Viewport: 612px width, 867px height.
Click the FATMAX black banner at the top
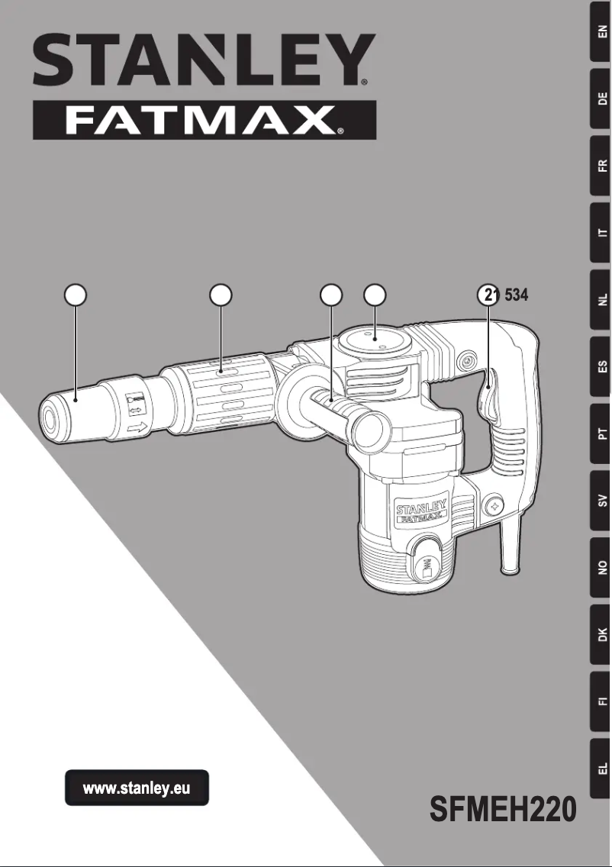pyautogui.click(x=204, y=120)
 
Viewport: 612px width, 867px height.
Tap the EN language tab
pyautogui.click(x=602, y=31)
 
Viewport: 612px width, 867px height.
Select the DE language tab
pyautogui.click(x=602, y=98)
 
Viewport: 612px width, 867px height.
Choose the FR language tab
pyautogui.click(x=602, y=165)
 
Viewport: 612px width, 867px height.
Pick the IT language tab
pyautogui.click(x=602, y=232)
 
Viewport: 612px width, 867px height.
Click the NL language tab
pyautogui.click(x=602, y=299)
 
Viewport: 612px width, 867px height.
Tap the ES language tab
pyautogui.click(x=602, y=366)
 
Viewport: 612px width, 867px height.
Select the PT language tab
pyautogui.click(x=602, y=433)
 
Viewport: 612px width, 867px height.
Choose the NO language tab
pyautogui.click(x=602, y=567)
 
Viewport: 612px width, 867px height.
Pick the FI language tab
pyautogui.click(x=602, y=701)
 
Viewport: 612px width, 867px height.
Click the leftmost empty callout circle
pyautogui.click(x=75, y=295)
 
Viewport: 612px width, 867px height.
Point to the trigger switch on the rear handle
pyautogui.click(x=487, y=393)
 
